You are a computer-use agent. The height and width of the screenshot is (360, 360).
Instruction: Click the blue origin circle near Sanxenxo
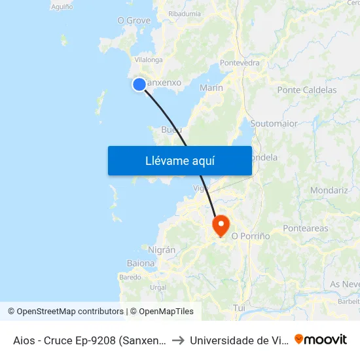point(139,84)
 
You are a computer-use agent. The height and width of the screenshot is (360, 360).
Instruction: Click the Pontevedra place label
point(240,63)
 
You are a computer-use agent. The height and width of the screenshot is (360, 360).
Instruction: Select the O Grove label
point(134,21)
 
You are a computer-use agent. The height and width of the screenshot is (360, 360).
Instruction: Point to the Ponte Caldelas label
point(307,90)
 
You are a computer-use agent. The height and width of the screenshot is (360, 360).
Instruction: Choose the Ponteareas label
point(305,228)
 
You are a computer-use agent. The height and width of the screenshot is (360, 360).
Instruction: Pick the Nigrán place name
point(162,249)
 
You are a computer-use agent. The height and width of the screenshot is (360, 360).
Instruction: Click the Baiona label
point(141,263)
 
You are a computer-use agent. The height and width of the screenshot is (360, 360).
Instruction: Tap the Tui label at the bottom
point(239,307)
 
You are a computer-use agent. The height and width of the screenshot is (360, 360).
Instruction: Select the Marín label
point(211,88)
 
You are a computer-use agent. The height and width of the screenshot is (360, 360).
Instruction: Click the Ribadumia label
point(185,13)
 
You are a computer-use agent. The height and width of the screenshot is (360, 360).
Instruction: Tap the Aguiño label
point(62,7)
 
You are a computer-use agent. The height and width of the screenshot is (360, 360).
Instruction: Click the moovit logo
point(321,339)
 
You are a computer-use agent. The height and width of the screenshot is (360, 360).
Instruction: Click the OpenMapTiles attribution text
point(166,312)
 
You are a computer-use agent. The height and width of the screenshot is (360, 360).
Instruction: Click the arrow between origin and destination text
point(177,340)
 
